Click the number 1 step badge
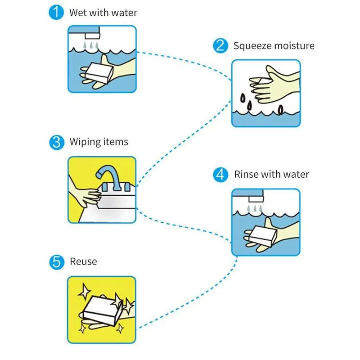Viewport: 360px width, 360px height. (56, 12)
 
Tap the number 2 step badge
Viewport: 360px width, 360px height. (220, 46)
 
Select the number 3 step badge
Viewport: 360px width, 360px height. (56, 143)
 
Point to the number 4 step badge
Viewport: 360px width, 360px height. (220, 175)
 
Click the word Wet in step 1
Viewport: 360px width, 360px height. (77, 12)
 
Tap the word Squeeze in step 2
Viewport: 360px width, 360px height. (251, 46)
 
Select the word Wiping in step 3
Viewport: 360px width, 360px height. (83, 142)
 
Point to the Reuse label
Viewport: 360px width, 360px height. (83, 261)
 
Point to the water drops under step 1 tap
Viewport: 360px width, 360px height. (92, 45)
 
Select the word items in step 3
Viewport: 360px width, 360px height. (116, 142)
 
